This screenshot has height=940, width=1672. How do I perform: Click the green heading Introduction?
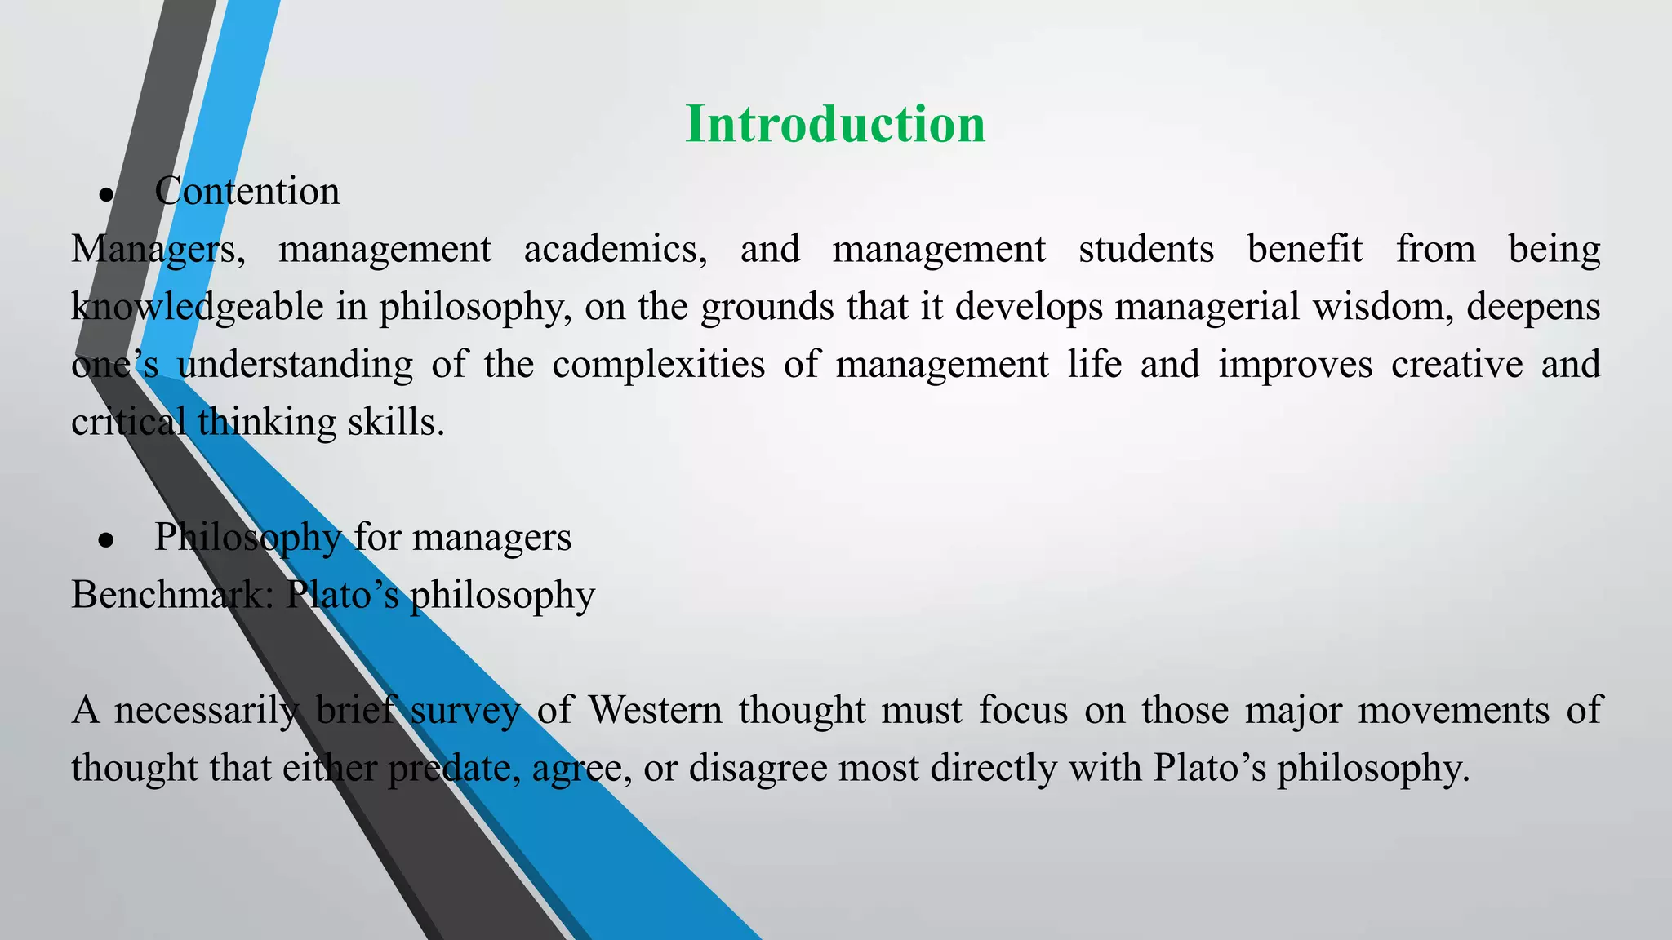click(x=835, y=125)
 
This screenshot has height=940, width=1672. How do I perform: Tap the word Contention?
click(x=247, y=192)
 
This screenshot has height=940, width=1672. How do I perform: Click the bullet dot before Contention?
click(x=105, y=195)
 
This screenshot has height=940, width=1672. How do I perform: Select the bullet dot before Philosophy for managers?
click(x=105, y=540)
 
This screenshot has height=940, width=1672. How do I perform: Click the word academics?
click(x=615, y=250)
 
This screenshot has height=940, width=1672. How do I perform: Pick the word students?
click(x=1145, y=250)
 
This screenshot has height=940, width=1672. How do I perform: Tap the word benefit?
click(x=1305, y=250)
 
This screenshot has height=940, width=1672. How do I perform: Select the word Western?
click(x=655, y=710)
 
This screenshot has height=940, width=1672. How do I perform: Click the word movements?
click(x=1453, y=710)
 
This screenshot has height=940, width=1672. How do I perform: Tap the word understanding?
click(x=295, y=365)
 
